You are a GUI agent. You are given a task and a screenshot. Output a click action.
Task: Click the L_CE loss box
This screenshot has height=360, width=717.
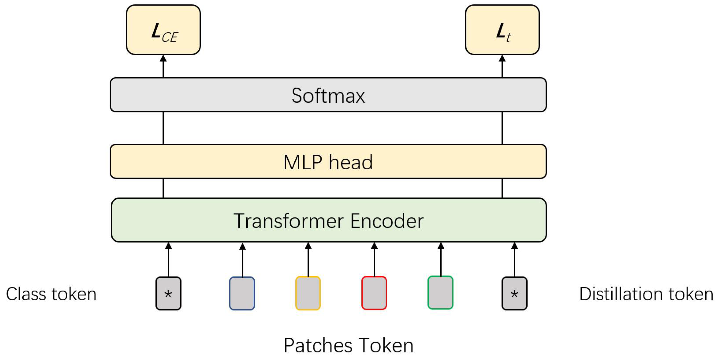coord(163,30)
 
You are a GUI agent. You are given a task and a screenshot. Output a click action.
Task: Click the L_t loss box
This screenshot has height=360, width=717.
coord(502,30)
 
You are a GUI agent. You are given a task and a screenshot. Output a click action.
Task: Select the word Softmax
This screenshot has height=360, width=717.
coord(328,96)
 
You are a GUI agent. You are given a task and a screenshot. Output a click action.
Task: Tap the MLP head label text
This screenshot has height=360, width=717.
coord(328,162)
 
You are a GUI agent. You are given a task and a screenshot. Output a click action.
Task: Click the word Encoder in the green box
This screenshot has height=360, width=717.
coord(387,221)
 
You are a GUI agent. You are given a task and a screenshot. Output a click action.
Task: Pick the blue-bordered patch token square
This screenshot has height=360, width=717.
coord(242,293)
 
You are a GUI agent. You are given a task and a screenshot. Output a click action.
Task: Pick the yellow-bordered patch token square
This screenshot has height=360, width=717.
coord(308,293)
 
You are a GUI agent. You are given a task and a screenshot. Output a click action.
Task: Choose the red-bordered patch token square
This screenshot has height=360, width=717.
coord(374,293)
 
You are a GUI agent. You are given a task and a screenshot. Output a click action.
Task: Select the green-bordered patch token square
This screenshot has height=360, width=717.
coord(440,293)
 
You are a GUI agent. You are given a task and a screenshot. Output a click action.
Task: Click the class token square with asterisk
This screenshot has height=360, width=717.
coord(168,293)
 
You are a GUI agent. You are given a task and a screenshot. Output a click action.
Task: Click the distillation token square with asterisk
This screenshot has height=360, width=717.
coord(514,293)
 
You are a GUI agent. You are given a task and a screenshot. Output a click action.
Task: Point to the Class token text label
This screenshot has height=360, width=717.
coord(51,294)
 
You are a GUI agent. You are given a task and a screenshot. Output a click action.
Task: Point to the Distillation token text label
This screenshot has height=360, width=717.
coord(646,294)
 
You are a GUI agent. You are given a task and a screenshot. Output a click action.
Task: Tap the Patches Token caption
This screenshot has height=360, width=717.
coord(349,346)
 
